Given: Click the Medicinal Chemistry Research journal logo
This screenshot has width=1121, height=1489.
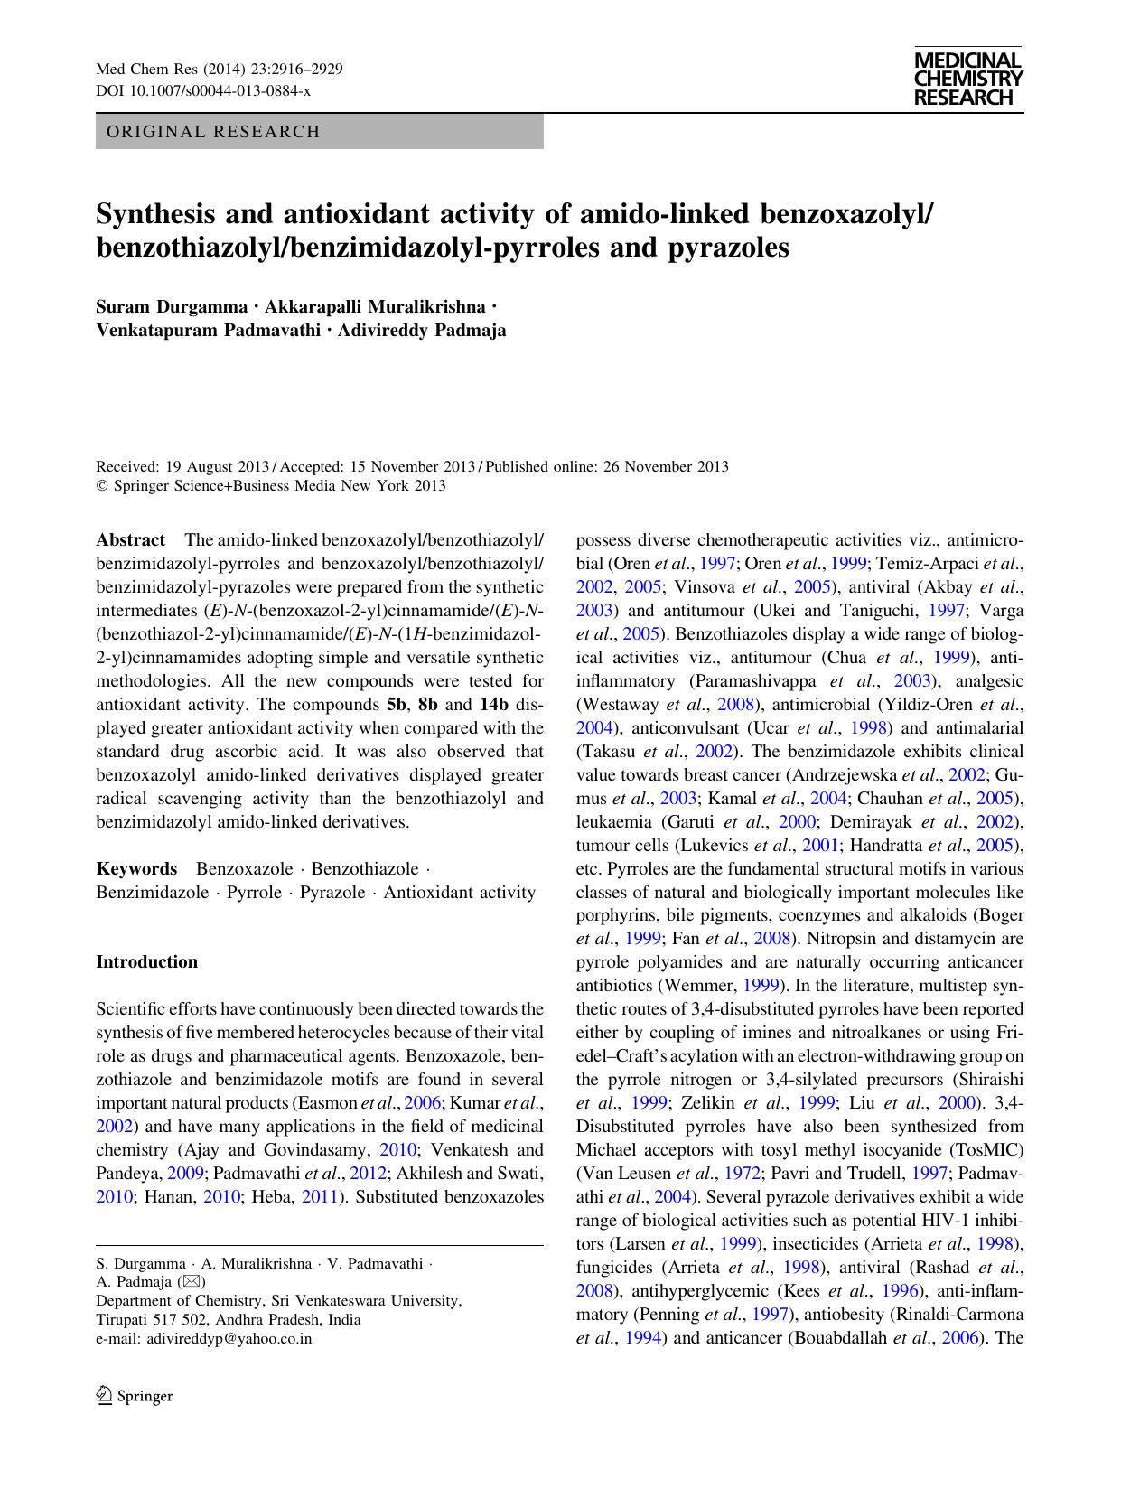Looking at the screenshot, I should [x=967, y=79].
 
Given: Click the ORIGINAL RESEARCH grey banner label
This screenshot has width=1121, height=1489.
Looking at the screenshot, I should [x=213, y=132].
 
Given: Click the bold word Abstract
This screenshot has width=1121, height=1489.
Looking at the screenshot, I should [x=130, y=540].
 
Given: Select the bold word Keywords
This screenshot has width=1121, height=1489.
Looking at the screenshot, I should [x=136, y=869].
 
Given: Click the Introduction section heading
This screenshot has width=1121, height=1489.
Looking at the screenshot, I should [x=146, y=962].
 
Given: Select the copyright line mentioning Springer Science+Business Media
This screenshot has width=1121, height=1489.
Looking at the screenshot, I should [x=271, y=486].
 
